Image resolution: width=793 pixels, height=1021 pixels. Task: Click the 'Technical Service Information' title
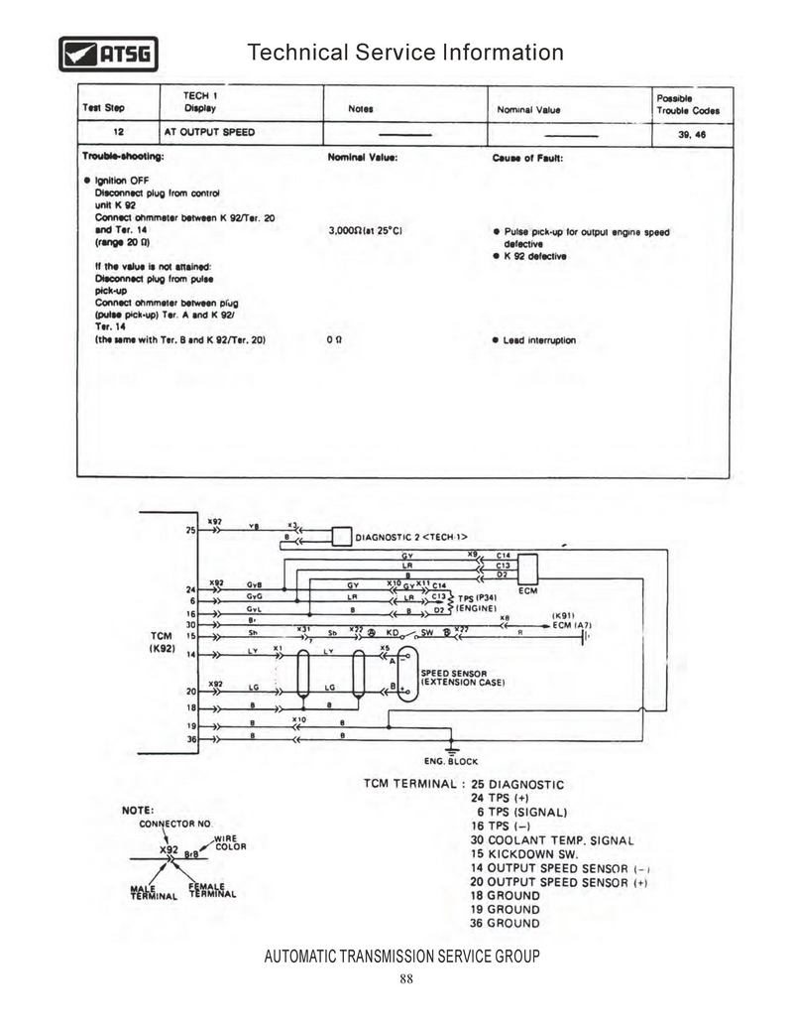404,52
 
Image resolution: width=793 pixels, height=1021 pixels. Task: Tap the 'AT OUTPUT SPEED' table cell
209,132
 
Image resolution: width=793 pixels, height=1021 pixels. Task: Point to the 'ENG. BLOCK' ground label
451,761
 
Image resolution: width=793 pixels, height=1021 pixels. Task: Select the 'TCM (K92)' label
163,641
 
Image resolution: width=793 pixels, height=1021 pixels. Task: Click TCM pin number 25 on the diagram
190,531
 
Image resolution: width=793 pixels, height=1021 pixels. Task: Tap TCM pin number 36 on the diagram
190,739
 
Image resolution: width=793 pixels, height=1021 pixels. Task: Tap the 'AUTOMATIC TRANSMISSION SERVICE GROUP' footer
402,957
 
